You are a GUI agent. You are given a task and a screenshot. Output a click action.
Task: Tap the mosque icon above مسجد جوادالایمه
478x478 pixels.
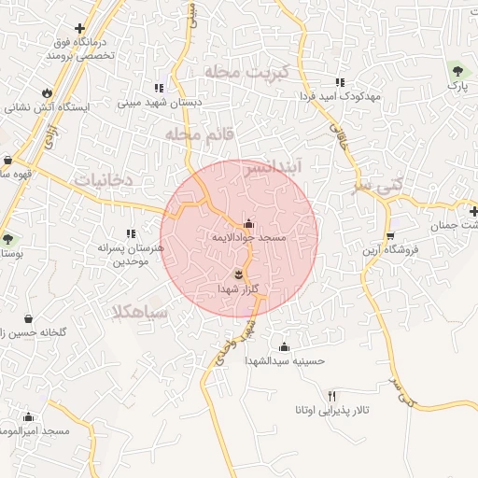click(x=247, y=224)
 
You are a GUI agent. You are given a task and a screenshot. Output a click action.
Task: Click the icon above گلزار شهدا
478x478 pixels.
click(x=240, y=274)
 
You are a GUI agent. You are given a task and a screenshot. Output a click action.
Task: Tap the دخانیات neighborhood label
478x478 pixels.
click(x=104, y=177)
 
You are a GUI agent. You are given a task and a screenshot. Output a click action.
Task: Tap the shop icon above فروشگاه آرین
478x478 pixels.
click(x=390, y=235)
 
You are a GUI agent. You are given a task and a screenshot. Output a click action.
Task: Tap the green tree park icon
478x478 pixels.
click(x=457, y=71)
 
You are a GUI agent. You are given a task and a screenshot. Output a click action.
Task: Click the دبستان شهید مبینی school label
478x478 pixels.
click(x=169, y=103)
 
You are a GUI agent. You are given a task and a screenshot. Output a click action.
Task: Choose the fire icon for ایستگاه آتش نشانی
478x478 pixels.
click(x=46, y=92)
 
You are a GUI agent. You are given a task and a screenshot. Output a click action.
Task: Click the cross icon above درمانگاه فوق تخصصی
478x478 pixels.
click(x=80, y=28)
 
